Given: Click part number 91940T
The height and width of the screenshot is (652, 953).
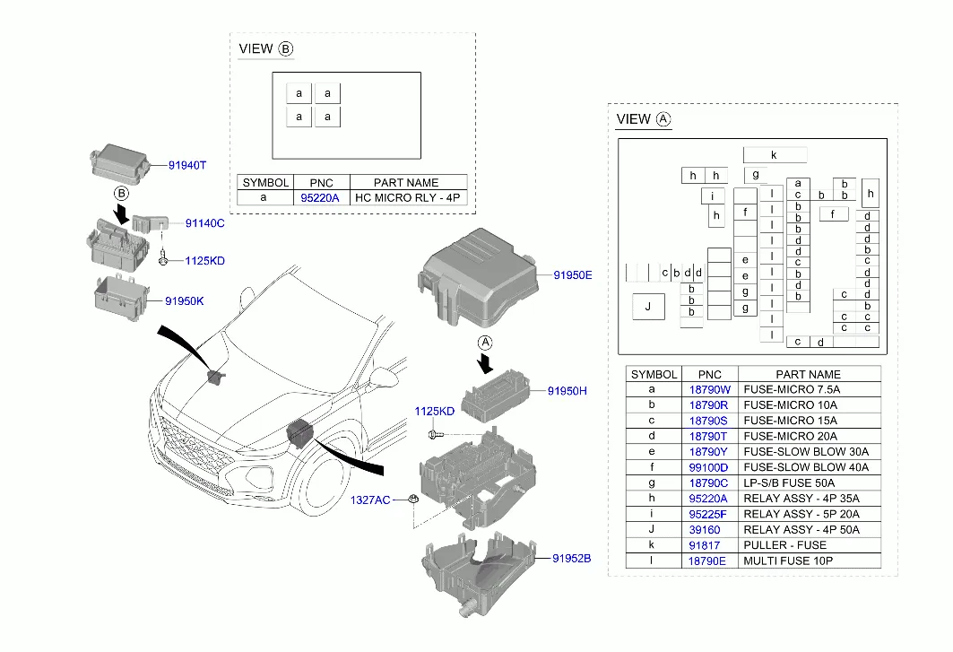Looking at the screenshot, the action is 187,165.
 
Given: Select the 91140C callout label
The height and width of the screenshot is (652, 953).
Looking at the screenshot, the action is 204,223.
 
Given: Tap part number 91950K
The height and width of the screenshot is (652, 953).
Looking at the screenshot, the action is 184,301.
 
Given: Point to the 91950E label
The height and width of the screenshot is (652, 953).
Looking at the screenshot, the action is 573,275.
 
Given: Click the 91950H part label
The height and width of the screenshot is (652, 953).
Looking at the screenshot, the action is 567,391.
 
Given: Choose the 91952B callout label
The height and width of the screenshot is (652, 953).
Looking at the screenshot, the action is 571,559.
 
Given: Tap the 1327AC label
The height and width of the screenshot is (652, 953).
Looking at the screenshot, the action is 370,500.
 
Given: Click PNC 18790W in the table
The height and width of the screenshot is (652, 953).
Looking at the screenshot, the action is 710,389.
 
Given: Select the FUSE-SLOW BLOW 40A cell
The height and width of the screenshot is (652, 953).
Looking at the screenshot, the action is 806,467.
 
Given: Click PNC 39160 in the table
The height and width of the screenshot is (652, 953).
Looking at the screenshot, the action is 705,530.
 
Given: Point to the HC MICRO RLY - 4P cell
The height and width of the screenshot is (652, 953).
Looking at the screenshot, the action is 407,197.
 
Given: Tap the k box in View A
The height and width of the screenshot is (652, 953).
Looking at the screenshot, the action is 775,155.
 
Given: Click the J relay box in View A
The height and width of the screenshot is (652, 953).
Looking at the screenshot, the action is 648,307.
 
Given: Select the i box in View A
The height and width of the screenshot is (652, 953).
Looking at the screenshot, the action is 713,196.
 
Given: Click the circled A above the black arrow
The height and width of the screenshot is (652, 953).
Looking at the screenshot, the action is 485,343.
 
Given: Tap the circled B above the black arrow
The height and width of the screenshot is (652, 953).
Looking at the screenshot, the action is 122,194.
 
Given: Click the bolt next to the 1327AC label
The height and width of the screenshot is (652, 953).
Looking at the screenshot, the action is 413,500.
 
